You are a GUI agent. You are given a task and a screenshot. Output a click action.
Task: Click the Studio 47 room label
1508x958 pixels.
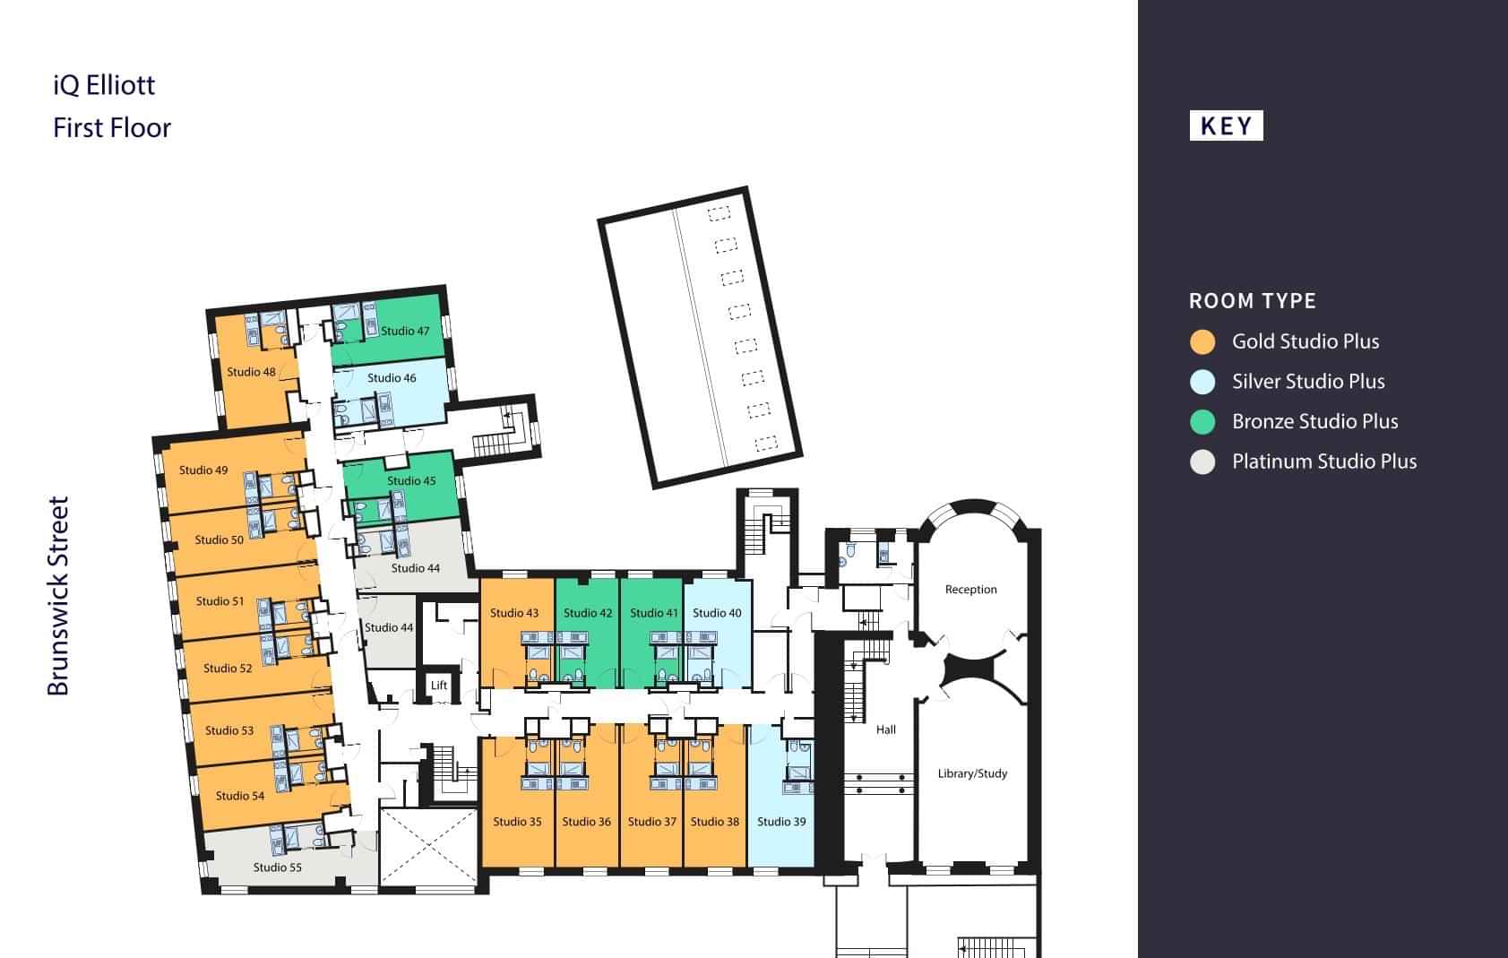tap(405, 332)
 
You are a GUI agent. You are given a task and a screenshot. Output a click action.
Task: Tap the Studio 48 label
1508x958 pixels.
tap(251, 372)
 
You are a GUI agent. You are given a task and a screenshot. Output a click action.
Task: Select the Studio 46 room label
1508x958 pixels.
tap(392, 377)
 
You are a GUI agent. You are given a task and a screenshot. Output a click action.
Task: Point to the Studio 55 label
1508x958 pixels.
tap(277, 867)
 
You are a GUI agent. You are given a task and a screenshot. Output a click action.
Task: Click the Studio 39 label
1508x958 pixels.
tap(781, 822)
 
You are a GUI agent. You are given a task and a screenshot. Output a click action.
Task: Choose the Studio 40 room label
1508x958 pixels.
tap(716, 613)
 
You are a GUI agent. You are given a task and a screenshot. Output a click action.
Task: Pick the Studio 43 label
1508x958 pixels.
tap(513, 613)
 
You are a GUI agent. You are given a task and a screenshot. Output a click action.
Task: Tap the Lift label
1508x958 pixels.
tap(439, 685)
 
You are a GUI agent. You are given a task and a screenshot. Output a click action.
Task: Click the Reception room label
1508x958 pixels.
tap(970, 590)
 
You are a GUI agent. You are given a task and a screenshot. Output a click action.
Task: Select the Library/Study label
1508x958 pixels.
tap(972, 773)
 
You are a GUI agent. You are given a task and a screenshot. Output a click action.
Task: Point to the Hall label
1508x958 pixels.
tap(886, 729)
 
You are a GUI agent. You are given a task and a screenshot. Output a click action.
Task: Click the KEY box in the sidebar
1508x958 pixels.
tap(1226, 125)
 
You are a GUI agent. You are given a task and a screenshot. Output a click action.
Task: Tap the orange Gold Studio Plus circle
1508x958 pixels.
tap(1202, 342)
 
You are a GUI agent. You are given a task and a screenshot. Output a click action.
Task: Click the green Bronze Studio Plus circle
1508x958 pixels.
tap(1202, 422)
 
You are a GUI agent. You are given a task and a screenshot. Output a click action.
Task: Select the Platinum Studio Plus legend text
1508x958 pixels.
tap(1324, 462)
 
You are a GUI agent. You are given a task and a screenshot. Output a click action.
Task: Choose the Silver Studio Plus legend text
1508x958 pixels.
tap(1308, 382)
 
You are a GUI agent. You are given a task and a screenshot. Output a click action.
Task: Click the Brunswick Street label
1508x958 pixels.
tap(58, 596)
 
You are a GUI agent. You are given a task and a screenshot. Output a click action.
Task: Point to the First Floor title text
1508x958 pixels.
tap(112, 128)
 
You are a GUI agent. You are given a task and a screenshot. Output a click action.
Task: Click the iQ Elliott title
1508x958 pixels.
tap(104, 85)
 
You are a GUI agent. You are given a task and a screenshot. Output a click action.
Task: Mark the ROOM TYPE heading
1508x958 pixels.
tap(1252, 301)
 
